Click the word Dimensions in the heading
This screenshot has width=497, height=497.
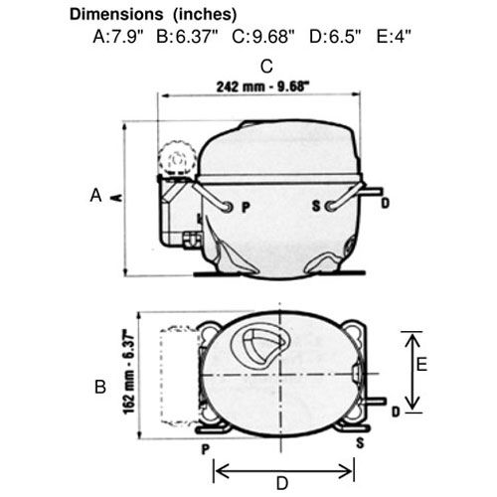click(116, 14)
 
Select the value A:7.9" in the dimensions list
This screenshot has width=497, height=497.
click(118, 37)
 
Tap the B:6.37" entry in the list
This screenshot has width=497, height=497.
click(187, 37)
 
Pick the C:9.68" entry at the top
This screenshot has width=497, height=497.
click(263, 37)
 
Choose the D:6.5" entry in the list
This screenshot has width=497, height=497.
click(335, 37)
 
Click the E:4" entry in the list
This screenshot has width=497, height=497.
click(394, 37)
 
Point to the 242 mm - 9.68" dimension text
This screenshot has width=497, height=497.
click(262, 86)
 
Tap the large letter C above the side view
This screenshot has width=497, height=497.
click(266, 67)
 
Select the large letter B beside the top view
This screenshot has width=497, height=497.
click(100, 387)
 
